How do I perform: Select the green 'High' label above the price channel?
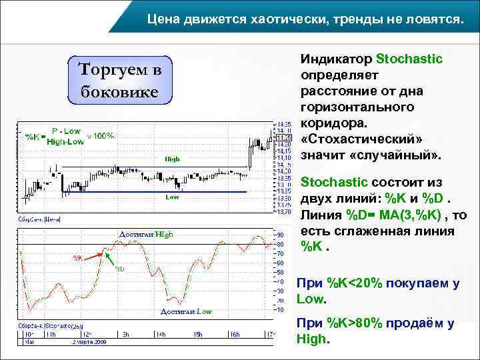pyautogui.click(x=173, y=159)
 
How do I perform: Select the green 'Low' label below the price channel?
pyautogui.click(x=173, y=197)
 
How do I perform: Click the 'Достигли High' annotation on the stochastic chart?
pyautogui.click(x=146, y=234)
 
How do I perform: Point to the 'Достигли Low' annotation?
pyautogui.click(x=186, y=311)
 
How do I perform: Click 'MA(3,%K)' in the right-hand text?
pyautogui.click(x=413, y=215)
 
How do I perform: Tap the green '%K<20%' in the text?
pyautogui.click(x=352, y=283)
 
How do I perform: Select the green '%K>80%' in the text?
pyautogui.click(x=352, y=323)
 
